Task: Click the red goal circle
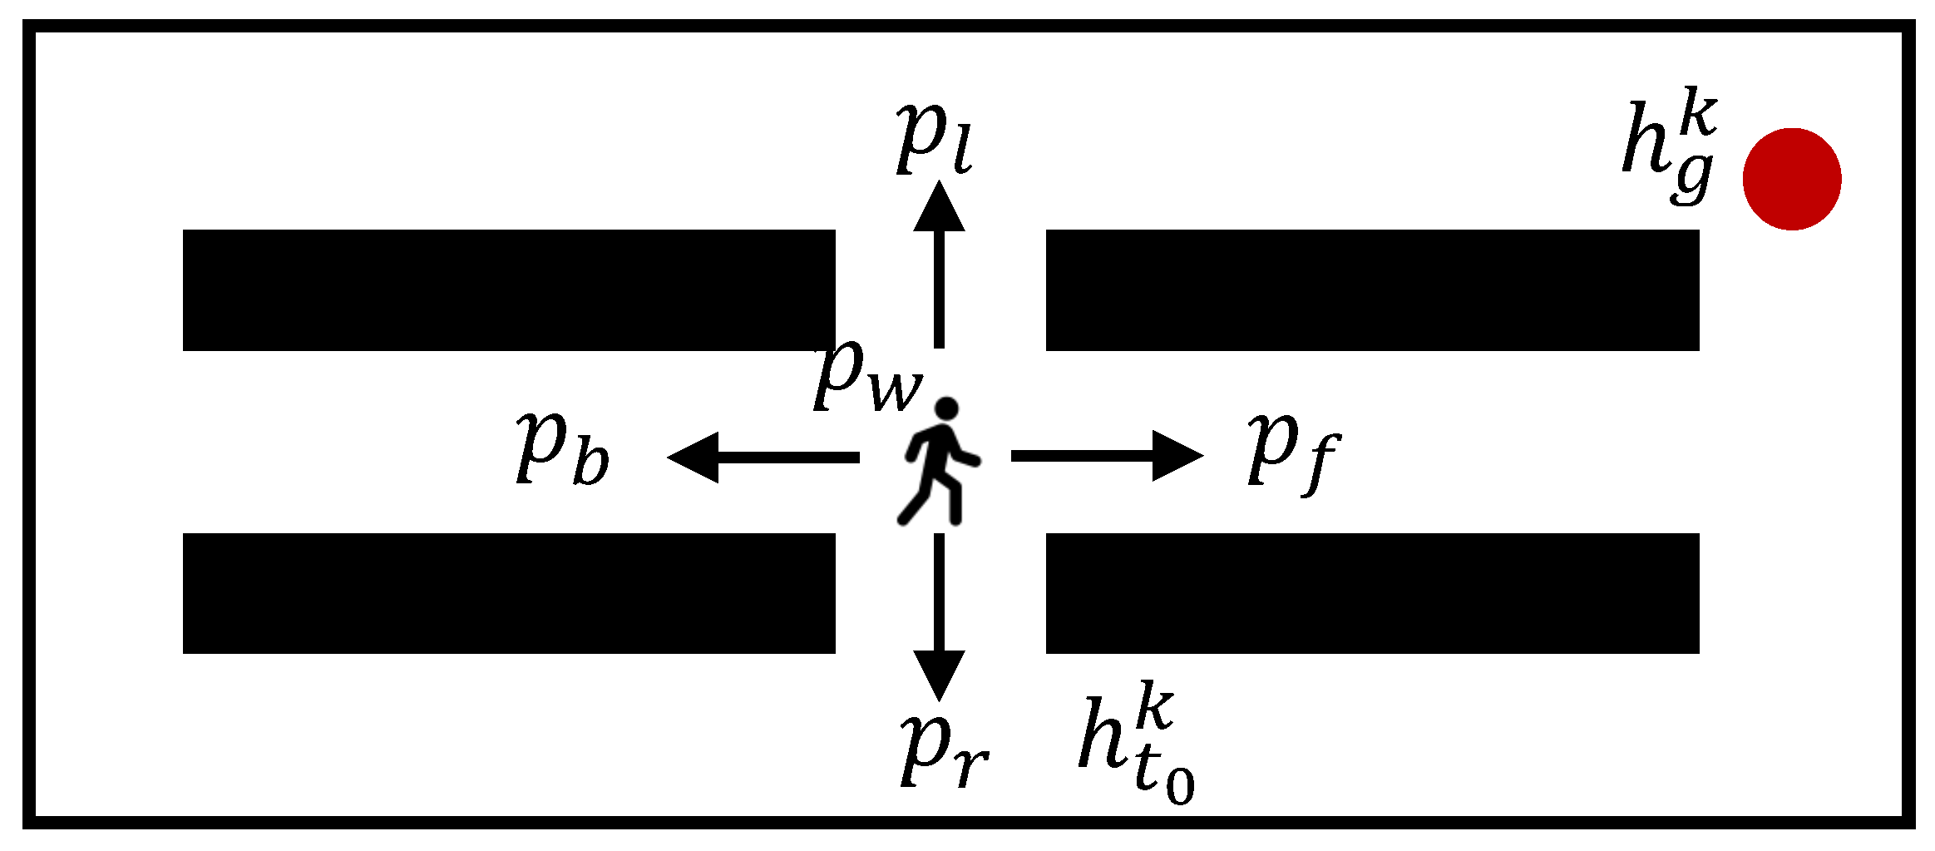[1792, 179]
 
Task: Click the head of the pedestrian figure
[946, 409]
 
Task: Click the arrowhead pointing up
[939, 208]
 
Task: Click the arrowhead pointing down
[939, 674]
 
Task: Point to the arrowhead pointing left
[694, 457]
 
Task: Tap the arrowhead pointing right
[1177, 456]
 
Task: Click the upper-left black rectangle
[509, 290]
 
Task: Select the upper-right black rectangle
[1372, 290]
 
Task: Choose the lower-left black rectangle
[509, 593]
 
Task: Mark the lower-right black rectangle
[1372, 593]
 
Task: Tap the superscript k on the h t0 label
[1155, 705]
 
